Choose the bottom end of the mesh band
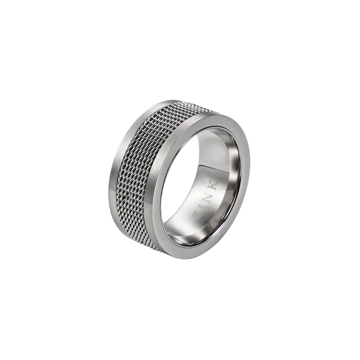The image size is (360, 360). (x=156, y=248)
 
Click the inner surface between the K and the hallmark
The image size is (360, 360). (x=221, y=162)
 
